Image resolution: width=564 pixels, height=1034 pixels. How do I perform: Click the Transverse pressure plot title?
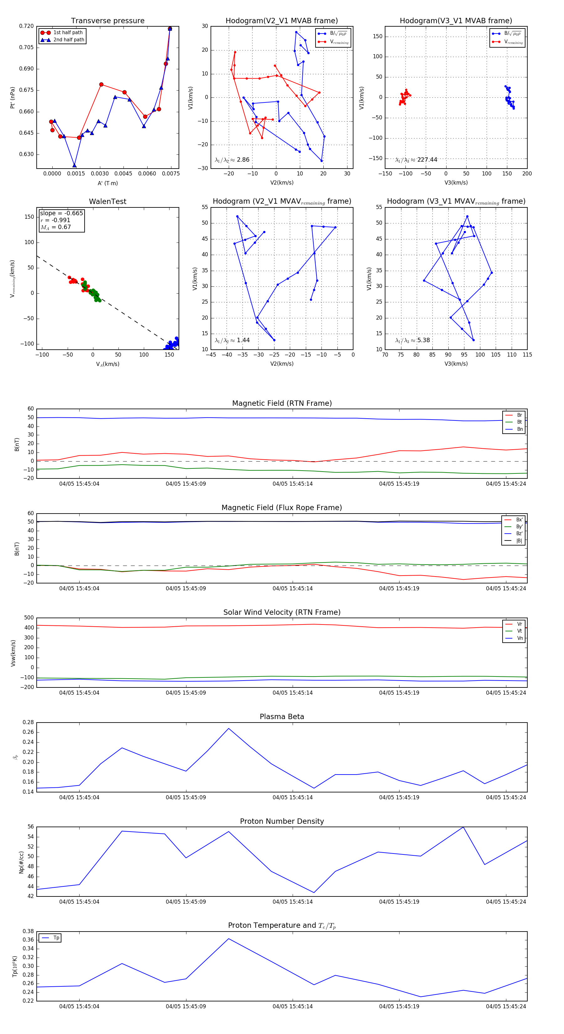[x=107, y=21]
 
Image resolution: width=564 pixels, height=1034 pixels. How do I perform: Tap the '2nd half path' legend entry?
[x=69, y=40]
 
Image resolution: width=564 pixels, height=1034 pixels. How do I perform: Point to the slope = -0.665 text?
[x=61, y=213]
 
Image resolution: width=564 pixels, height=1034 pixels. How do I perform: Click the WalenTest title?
[x=107, y=201]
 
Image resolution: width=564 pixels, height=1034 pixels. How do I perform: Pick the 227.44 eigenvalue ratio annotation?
[x=416, y=160]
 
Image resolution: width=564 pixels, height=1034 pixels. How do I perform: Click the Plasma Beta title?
[x=282, y=717]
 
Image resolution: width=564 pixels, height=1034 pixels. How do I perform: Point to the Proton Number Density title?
[x=282, y=821]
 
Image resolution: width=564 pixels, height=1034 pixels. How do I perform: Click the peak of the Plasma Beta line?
[x=228, y=728]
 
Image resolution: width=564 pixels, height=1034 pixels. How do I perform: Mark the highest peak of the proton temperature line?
[x=228, y=938]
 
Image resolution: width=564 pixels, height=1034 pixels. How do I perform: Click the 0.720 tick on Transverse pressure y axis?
[x=27, y=26]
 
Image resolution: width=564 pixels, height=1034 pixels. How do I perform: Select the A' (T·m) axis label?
[x=107, y=183]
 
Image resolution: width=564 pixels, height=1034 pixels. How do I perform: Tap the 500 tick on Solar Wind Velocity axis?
[x=29, y=618]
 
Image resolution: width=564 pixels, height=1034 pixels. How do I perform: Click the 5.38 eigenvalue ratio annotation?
[x=413, y=340]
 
